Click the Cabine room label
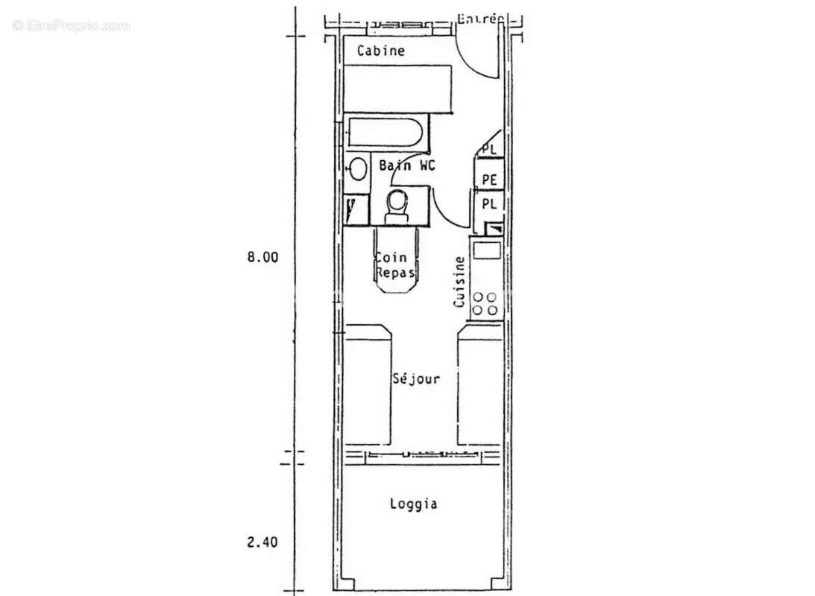380,51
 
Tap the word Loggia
413,504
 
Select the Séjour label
416,379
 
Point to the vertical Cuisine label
460,282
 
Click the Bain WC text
407,165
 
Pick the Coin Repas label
395,265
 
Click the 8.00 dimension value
262,257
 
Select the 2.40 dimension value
262,542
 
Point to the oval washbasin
358,169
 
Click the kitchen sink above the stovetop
487,250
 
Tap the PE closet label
489,180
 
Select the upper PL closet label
489,150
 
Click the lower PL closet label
489,203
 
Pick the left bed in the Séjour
368,386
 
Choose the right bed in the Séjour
480,386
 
